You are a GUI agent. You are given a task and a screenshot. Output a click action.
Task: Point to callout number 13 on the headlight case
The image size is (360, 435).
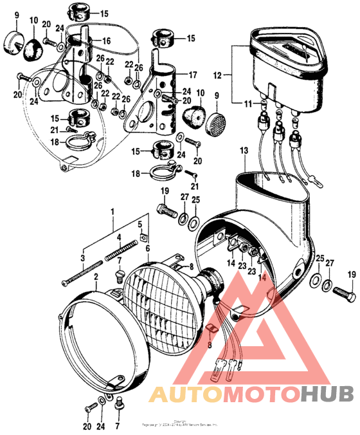tap(243, 150)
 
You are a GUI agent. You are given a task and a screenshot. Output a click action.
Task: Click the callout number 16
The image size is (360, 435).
tap(105, 41)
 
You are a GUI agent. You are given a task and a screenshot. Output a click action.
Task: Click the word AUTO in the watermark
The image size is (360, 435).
tap(176, 394)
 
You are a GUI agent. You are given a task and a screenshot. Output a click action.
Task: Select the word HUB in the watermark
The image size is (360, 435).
tap(321, 394)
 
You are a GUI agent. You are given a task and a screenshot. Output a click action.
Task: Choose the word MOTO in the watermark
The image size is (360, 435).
tap(248, 394)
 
